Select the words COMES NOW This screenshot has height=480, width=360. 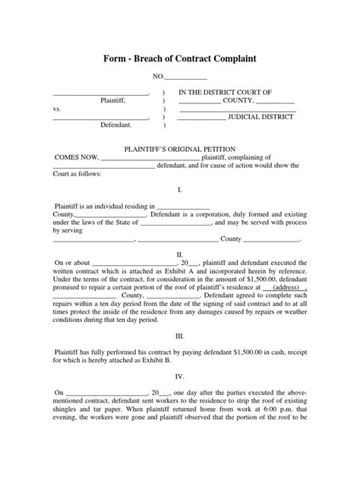[x=75, y=157]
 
